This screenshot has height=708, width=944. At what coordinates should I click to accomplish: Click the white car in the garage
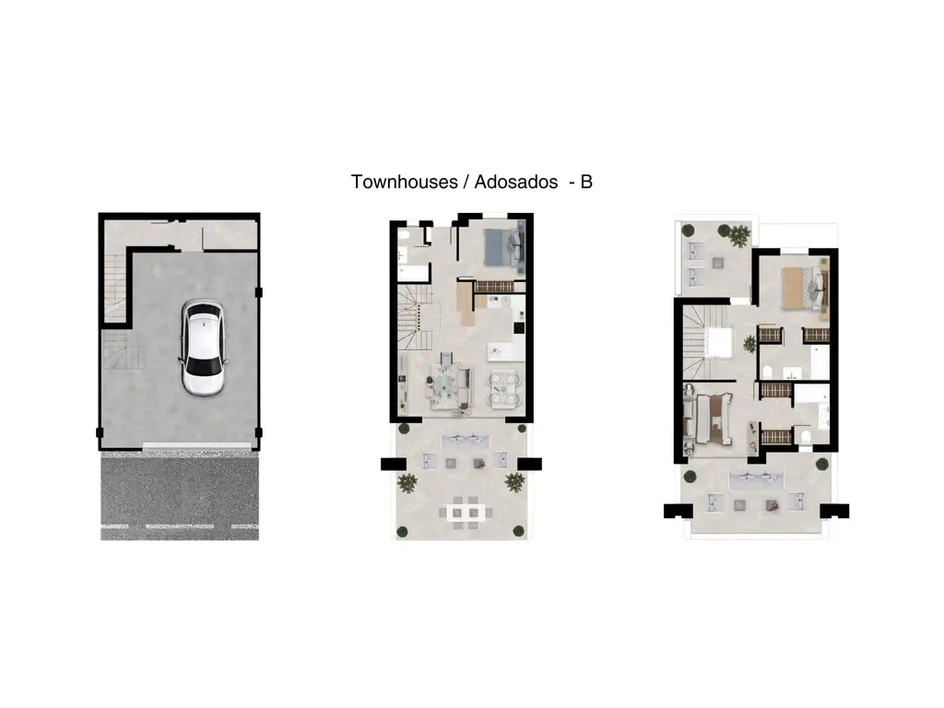203,348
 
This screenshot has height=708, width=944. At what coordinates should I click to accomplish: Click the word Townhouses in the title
404,182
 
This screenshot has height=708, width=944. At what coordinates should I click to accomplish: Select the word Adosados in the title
516,182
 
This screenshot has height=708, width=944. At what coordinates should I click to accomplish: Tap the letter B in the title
586,182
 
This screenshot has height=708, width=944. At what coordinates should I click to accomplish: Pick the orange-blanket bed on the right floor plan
806,289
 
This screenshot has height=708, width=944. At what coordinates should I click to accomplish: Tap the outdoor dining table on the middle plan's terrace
466,513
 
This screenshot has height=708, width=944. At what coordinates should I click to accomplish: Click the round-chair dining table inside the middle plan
504,389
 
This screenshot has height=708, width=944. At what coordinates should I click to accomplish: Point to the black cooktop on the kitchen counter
519,327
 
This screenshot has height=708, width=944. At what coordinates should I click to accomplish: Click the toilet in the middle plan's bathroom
404,235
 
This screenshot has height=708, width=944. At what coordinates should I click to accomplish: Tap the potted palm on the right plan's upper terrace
739,235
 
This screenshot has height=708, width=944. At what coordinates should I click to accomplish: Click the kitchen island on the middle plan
506,351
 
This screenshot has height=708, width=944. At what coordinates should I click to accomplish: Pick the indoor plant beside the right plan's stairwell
749,345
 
